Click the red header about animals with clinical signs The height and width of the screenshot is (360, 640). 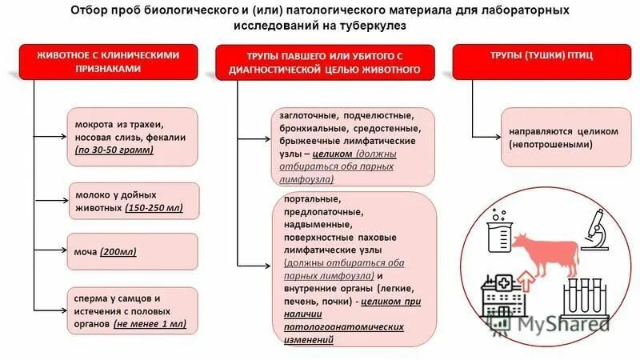point(110,62)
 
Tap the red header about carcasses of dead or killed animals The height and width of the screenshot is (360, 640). point(327,62)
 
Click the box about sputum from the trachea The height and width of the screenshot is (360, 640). point(130,137)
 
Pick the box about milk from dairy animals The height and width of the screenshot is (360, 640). point(130,201)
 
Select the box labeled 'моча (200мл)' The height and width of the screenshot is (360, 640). point(130,251)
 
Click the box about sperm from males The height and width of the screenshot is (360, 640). point(130,311)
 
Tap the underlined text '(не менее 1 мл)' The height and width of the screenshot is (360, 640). point(150,325)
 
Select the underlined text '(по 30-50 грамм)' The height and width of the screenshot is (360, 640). point(114,150)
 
